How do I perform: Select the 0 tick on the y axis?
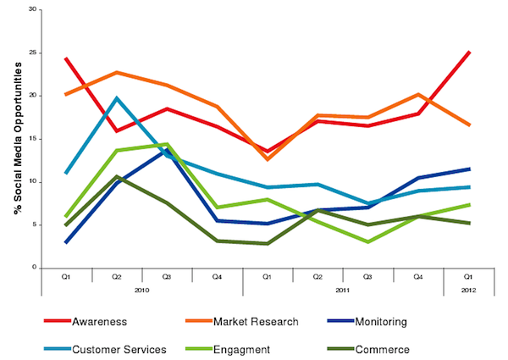pyautogui.click(x=35, y=268)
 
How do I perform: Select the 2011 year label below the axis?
pyautogui.click(x=343, y=289)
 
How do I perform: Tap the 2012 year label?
pyautogui.click(x=469, y=289)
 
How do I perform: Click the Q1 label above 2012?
pyautogui.click(x=469, y=275)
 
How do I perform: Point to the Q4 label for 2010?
pyautogui.click(x=218, y=275)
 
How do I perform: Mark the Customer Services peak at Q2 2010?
pyautogui.click(x=116, y=97)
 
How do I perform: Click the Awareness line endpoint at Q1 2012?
pyautogui.click(x=470, y=52)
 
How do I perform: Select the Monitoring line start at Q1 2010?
pyautogui.click(x=66, y=242)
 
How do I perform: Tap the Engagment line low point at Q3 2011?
pyautogui.click(x=368, y=241)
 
